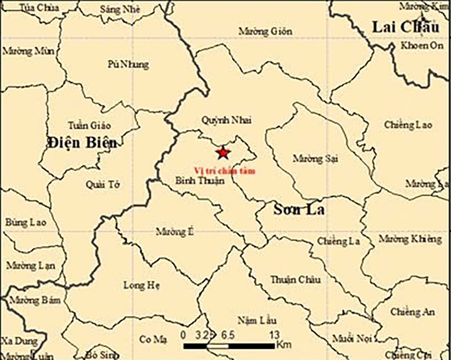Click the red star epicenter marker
tap(222, 152)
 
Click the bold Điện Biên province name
tap(81, 143)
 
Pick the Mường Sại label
tap(316, 158)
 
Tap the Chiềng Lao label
tap(408, 125)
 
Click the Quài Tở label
tap(104, 184)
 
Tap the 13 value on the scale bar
tap(273, 335)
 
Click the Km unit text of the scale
tap(284, 345)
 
